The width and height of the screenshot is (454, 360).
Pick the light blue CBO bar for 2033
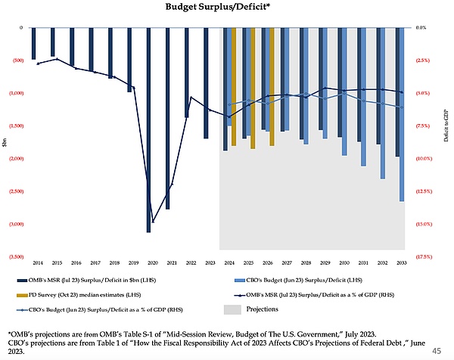(402, 113)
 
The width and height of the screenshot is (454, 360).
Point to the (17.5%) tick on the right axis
(424, 256)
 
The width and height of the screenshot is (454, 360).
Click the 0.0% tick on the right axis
(421, 27)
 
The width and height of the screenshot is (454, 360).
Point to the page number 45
(437, 349)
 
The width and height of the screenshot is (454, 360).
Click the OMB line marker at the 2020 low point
(154, 222)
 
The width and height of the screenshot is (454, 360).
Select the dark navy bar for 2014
(33, 43)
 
